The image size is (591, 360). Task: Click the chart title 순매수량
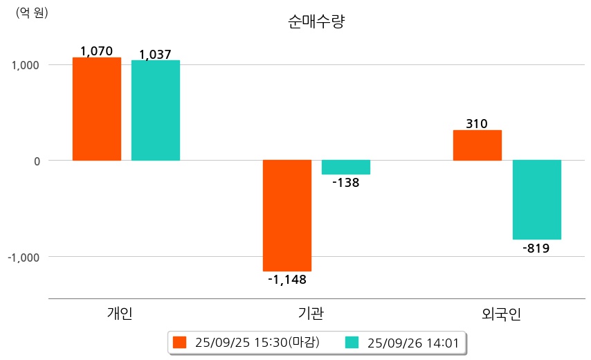click(x=316, y=21)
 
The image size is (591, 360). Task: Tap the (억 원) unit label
click(x=32, y=12)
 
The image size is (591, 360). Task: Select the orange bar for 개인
click(x=97, y=109)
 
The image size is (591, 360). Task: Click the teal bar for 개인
click(x=156, y=110)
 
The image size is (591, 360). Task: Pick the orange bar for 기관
click(x=287, y=215)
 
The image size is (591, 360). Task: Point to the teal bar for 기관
click(x=346, y=167)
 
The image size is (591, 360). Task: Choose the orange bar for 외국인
click(x=478, y=145)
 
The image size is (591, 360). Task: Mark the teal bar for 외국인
click(x=536, y=199)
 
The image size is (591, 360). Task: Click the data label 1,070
click(x=97, y=51)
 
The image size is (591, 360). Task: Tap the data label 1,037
click(x=155, y=54)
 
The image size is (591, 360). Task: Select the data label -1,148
click(x=287, y=280)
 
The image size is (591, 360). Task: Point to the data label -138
click(x=346, y=183)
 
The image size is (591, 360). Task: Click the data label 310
click(x=477, y=124)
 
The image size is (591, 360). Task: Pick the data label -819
click(x=536, y=249)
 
